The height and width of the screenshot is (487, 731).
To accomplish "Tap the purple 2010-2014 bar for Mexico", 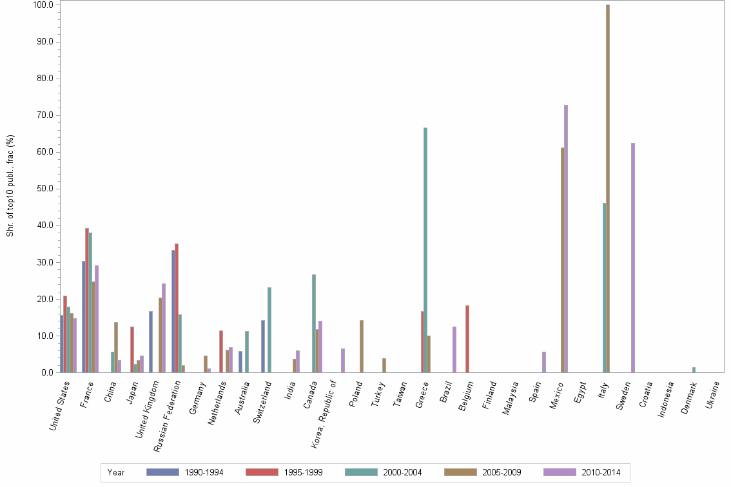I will tap(566, 238).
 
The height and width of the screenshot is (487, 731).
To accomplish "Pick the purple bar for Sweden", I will tap(633, 258).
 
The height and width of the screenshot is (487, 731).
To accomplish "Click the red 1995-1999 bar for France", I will tap(87, 300).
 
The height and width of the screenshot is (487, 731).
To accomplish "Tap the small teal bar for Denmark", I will tap(694, 370).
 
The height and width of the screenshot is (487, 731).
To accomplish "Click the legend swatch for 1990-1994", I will tap(163, 472).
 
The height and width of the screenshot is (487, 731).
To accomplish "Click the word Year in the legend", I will tap(116, 473).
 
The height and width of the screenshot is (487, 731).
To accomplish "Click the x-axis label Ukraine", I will tap(712, 396).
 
